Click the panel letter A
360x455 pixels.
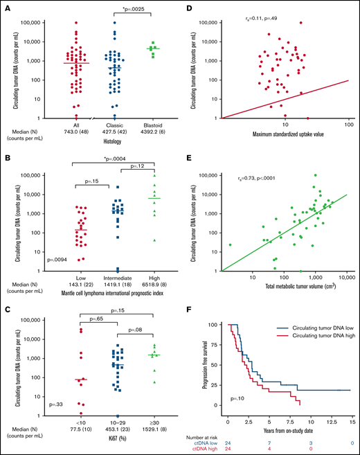point(6,7)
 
